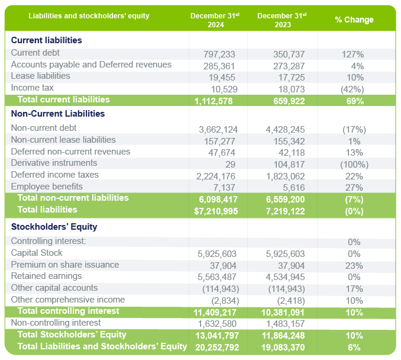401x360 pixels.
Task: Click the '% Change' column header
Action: pos(354,20)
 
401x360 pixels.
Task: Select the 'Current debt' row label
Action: pos(35,53)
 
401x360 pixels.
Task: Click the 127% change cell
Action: pos(353,54)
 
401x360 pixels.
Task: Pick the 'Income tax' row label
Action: pos(33,88)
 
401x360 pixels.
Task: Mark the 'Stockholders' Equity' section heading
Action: pos(54,226)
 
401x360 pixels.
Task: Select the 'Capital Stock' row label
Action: pos(36,253)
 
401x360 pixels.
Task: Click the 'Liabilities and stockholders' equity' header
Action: pos(89,15)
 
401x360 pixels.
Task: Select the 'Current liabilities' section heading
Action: pos(47,40)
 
